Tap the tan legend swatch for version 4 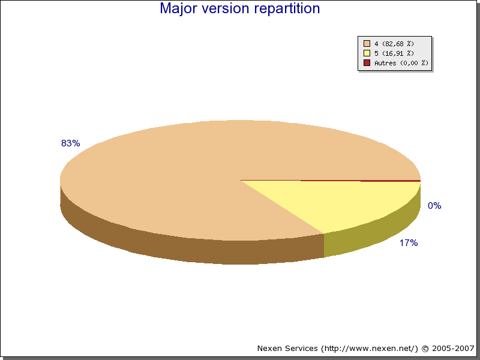pyautogui.click(x=367, y=43)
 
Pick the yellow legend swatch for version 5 pyautogui.click(x=367, y=53)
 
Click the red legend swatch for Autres pyautogui.click(x=367, y=63)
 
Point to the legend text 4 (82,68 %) pyautogui.click(x=394, y=44)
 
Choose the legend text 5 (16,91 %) pyautogui.click(x=394, y=53)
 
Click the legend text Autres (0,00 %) pyautogui.click(x=401, y=63)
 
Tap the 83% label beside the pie pyautogui.click(x=70, y=143)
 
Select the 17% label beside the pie pyautogui.click(x=409, y=243)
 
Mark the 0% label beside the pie pyautogui.click(x=434, y=205)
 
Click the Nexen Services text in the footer pyautogui.click(x=287, y=349)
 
